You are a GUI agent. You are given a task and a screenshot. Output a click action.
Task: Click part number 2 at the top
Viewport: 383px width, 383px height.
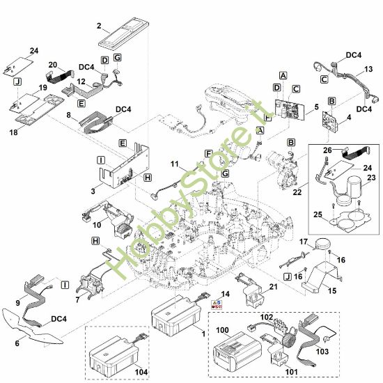pos(99,26)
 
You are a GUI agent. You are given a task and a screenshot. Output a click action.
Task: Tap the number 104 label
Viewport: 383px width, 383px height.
pos(141,372)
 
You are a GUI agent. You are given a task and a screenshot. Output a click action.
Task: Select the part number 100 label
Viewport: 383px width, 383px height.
pos(222,330)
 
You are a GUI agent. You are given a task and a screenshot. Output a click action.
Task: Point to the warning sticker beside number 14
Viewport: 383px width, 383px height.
pos(217,304)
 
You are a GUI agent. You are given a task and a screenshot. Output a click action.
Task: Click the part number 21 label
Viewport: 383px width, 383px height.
pos(273,286)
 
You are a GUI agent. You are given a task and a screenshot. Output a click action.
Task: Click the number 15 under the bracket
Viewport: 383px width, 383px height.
pos(332,290)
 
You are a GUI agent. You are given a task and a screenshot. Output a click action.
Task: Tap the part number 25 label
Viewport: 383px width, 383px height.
pos(318,214)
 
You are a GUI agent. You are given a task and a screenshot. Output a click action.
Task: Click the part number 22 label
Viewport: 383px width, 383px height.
pos(297,192)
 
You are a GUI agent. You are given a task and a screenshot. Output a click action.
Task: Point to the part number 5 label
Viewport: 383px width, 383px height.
pos(317,107)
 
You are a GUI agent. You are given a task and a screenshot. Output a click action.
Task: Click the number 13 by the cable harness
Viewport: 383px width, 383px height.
pos(368,69)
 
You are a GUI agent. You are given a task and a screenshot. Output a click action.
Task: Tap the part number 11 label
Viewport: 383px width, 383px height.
pos(174,164)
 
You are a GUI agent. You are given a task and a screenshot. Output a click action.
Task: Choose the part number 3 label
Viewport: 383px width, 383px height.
pos(93,191)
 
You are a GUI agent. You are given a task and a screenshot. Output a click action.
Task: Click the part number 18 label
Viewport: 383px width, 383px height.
pos(14,132)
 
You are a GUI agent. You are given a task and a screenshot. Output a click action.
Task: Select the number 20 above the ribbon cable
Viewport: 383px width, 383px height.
pos(53,65)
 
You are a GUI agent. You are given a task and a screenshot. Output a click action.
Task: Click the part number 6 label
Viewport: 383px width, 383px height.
pos(17,343)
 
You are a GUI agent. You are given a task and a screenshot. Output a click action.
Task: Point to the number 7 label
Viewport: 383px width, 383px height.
pos(77,299)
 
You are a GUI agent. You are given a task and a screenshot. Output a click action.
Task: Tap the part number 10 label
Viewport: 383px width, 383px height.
pos(97,225)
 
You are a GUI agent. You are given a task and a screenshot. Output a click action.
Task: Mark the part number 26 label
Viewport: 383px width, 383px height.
pos(327,150)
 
